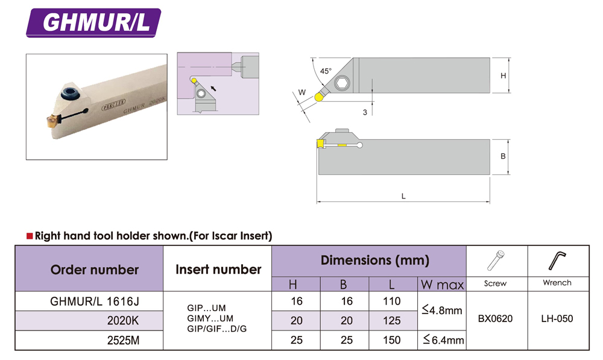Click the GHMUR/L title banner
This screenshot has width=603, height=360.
tap(93, 23)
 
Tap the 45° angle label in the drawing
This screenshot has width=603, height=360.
tap(326, 71)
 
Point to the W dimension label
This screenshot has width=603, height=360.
tap(302, 92)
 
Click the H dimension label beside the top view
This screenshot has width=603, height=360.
tap(503, 76)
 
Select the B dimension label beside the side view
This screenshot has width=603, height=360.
tap(503, 156)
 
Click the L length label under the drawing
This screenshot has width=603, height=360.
tap(403, 196)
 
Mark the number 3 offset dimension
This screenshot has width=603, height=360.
tap(365, 112)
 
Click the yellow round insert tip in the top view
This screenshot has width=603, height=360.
tap(318, 97)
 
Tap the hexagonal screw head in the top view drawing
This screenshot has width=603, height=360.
tap(342, 83)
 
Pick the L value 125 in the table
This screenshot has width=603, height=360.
tap(392, 320)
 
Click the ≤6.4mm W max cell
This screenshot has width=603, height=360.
tap(443, 340)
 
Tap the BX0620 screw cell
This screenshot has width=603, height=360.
tap(495, 318)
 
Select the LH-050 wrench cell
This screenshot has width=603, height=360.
tap(557, 318)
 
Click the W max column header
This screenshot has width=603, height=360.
tap(442, 285)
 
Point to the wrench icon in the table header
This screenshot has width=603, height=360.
tap(557, 261)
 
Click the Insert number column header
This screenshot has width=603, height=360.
tap(218, 269)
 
